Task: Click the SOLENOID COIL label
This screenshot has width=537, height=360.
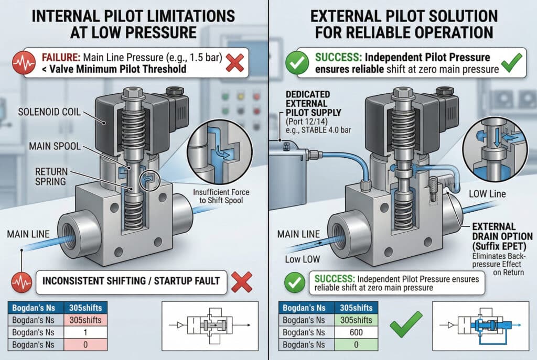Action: point(49,112)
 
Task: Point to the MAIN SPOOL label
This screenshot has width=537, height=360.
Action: point(55,146)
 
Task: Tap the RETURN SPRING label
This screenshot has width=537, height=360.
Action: point(51,176)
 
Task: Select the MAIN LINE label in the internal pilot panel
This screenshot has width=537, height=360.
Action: point(28,234)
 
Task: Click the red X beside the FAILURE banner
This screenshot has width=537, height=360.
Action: point(235,63)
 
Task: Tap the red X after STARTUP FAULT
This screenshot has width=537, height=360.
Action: point(242,282)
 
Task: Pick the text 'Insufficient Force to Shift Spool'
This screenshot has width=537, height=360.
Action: point(221,196)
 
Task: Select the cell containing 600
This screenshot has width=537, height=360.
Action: point(356,332)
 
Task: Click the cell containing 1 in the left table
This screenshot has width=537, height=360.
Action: point(85,332)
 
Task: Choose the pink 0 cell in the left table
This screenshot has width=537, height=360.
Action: point(85,345)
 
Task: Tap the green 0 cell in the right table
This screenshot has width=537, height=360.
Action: point(356,345)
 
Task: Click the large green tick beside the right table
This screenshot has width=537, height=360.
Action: point(405,324)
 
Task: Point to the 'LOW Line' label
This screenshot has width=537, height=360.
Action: point(487,194)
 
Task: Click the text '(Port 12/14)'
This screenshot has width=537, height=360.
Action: point(307,122)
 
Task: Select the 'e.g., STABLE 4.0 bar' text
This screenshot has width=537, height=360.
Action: point(318,130)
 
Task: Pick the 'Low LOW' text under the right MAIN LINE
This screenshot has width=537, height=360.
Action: point(303,259)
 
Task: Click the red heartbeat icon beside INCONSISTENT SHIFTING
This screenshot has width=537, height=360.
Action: point(22,282)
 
